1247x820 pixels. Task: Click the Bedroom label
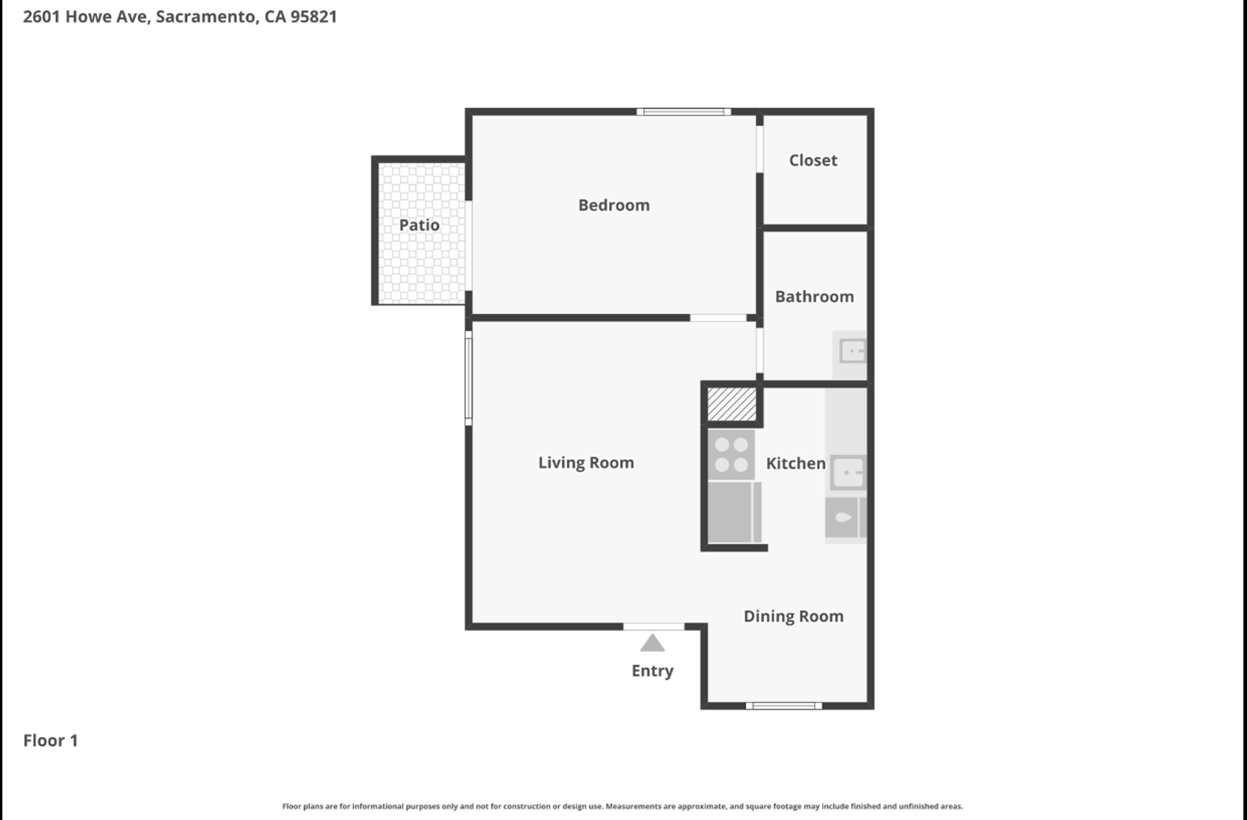pyautogui.click(x=614, y=205)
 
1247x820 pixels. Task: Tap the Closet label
pyautogui.click(x=813, y=160)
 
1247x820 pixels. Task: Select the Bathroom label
pyautogui.click(x=814, y=297)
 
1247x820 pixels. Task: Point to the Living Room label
pyautogui.click(x=586, y=463)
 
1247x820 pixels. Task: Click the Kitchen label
pyautogui.click(x=796, y=463)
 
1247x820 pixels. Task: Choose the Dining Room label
pyautogui.click(x=794, y=617)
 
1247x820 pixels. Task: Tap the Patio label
pyautogui.click(x=419, y=225)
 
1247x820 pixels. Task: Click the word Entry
pyautogui.click(x=652, y=671)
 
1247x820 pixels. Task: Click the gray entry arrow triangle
pyautogui.click(x=652, y=643)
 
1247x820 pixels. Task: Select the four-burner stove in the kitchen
pyautogui.click(x=731, y=455)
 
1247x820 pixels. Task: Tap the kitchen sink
pyautogui.click(x=848, y=472)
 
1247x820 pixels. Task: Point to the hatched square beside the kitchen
pyautogui.click(x=731, y=404)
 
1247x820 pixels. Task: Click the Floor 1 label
pyautogui.click(x=51, y=741)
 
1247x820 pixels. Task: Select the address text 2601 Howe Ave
pyautogui.click(x=87, y=17)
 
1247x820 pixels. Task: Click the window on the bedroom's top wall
pyautogui.click(x=683, y=112)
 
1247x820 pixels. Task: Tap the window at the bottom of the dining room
pyautogui.click(x=784, y=706)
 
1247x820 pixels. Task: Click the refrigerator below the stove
pyautogui.click(x=734, y=512)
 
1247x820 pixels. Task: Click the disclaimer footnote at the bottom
pyautogui.click(x=622, y=806)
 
